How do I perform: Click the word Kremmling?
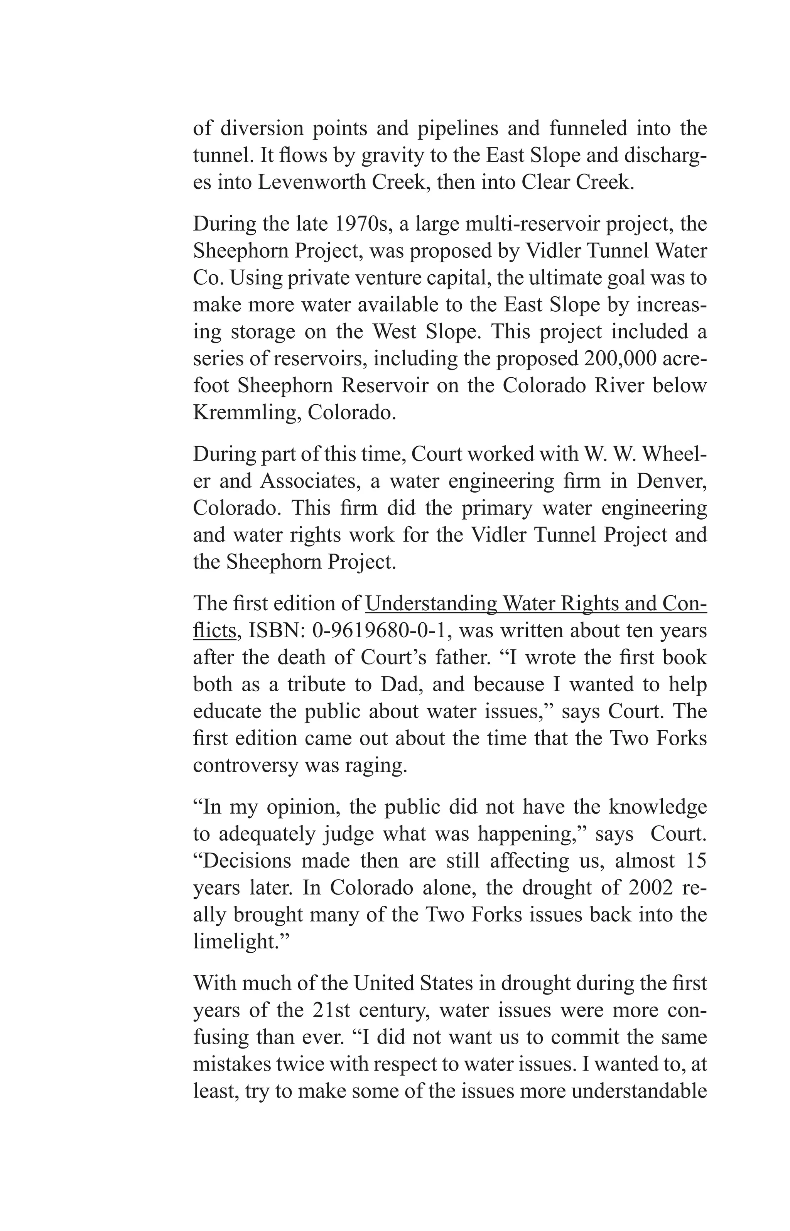coord(246,412)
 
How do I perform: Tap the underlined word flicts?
coord(214,630)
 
